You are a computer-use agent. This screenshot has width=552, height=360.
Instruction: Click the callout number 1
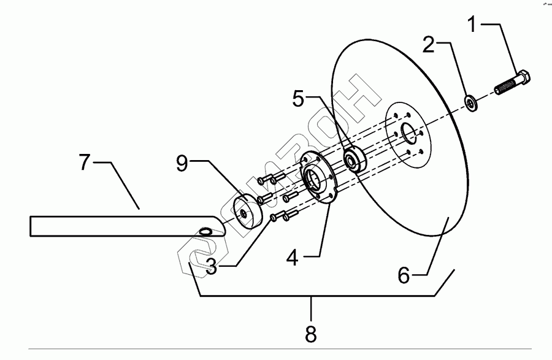[472, 25]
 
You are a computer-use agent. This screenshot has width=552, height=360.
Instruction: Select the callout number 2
[429, 44]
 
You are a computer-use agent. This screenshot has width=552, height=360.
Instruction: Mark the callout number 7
[86, 164]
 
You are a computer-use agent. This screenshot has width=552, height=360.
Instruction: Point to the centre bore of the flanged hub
[315, 180]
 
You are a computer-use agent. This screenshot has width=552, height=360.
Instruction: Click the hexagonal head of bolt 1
[523, 79]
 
